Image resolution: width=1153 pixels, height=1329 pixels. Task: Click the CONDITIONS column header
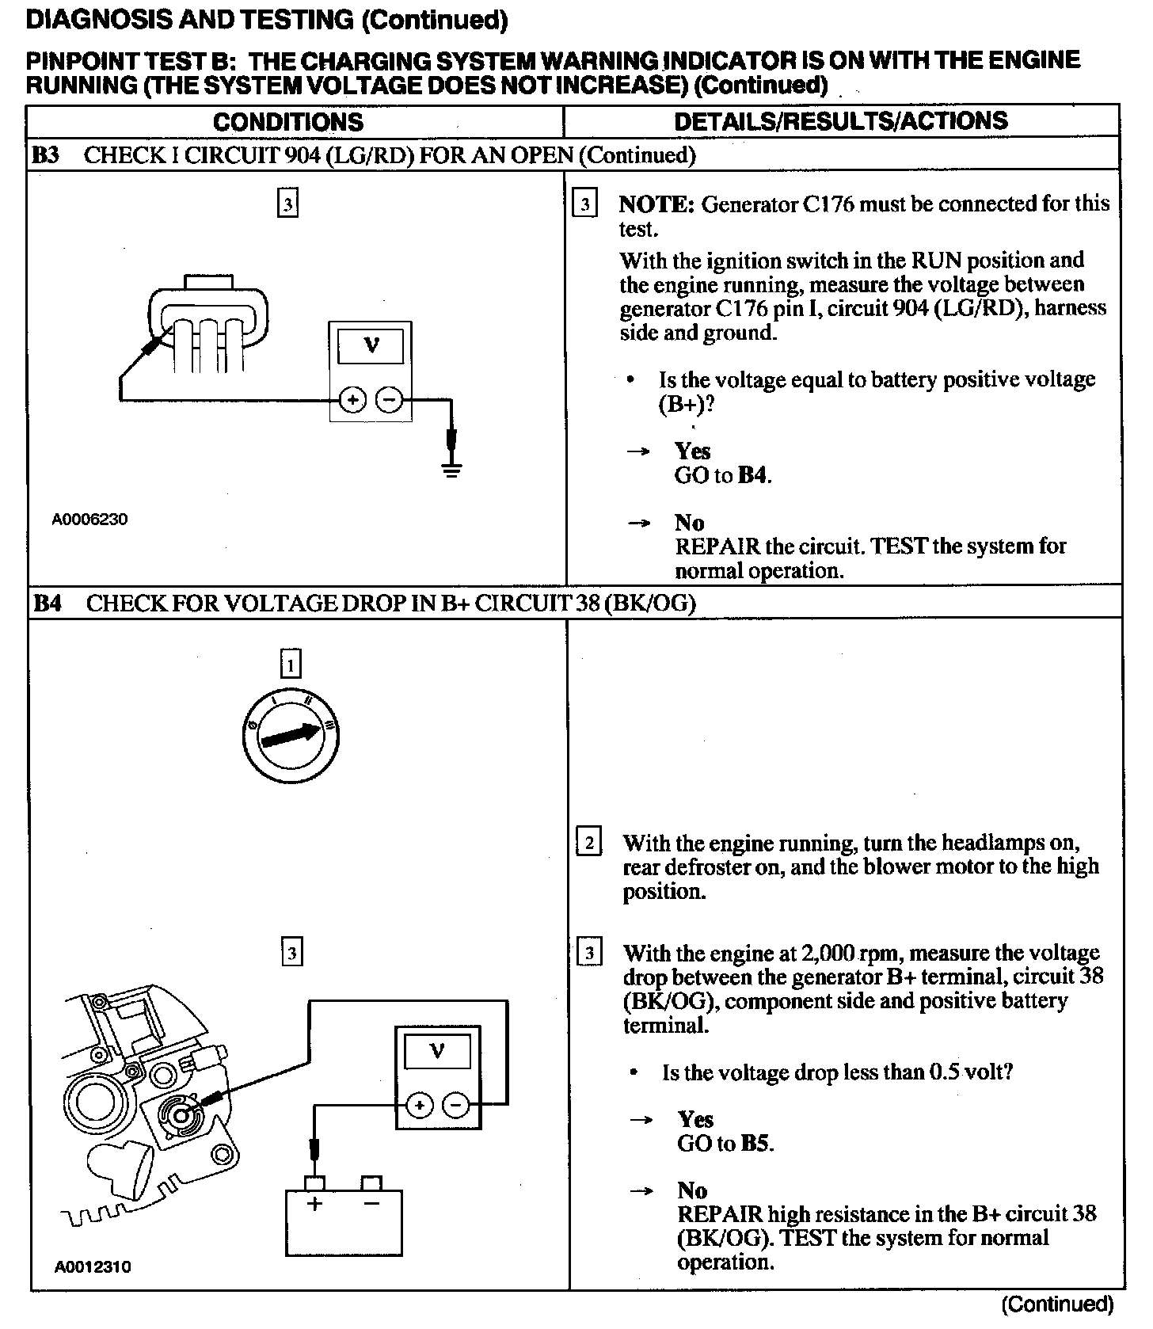(x=287, y=122)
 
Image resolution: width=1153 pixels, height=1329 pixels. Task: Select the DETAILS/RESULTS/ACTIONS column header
(x=840, y=121)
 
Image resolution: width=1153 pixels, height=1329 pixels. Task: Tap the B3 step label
(x=46, y=155)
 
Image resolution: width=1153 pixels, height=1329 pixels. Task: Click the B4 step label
(x=48, y=604)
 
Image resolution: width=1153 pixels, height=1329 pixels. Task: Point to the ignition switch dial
(x=291, y=736)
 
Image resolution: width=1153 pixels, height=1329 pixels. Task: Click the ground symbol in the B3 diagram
(x=451, y=469)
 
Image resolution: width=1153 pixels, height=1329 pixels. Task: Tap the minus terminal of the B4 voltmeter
(x=455, y=1104)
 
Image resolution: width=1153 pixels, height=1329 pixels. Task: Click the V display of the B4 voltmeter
(x=437, y=1052)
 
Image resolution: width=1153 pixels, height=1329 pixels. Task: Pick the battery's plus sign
(x=315, y=1205)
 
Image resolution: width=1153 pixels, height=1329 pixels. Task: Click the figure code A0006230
(x=89, y=520)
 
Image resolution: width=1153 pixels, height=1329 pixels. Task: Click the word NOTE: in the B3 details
(x=656, y=204)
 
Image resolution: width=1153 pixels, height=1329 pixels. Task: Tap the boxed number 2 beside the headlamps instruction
(x=588, y=843)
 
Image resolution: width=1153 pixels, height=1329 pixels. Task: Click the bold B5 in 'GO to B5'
(x=756, y=1144)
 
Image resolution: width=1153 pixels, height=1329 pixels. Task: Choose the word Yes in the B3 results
(x=693, y=451)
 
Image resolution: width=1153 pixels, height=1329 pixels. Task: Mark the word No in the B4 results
(x=692, y=1190)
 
